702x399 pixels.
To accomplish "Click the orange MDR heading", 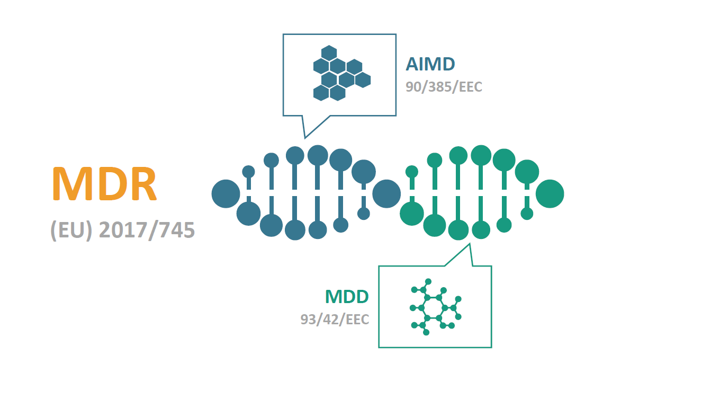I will (104, 184).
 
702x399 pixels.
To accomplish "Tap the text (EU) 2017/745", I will (123, 230).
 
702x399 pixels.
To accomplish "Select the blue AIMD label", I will (430, 64).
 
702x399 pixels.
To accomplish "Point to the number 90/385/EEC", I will (444, 87).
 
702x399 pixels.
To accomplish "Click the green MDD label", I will (346, 297).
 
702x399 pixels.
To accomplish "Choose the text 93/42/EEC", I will (334, 320).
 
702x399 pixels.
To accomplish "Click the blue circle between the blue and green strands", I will (386, 194).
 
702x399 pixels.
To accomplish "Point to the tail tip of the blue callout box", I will (304, 138).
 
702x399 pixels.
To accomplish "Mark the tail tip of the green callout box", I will (469, 244).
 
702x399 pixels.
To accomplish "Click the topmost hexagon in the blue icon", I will (329, 53).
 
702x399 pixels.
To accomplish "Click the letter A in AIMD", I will (413, 64).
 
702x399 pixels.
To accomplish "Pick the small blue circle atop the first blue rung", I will (248, 171).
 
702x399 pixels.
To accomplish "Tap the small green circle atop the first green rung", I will (411, 171).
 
